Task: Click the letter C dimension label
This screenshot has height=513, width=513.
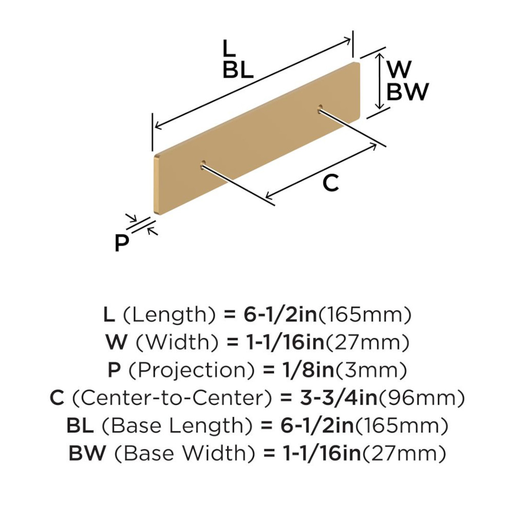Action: (x=331, y=183)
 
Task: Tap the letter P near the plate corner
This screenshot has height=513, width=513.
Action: (x=122, y=242)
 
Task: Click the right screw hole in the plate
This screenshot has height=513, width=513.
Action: (x=320, y=108)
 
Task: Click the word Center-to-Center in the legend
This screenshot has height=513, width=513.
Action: (x=171, y=398)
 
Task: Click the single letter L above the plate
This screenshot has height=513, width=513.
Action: (x=229, y=48)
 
